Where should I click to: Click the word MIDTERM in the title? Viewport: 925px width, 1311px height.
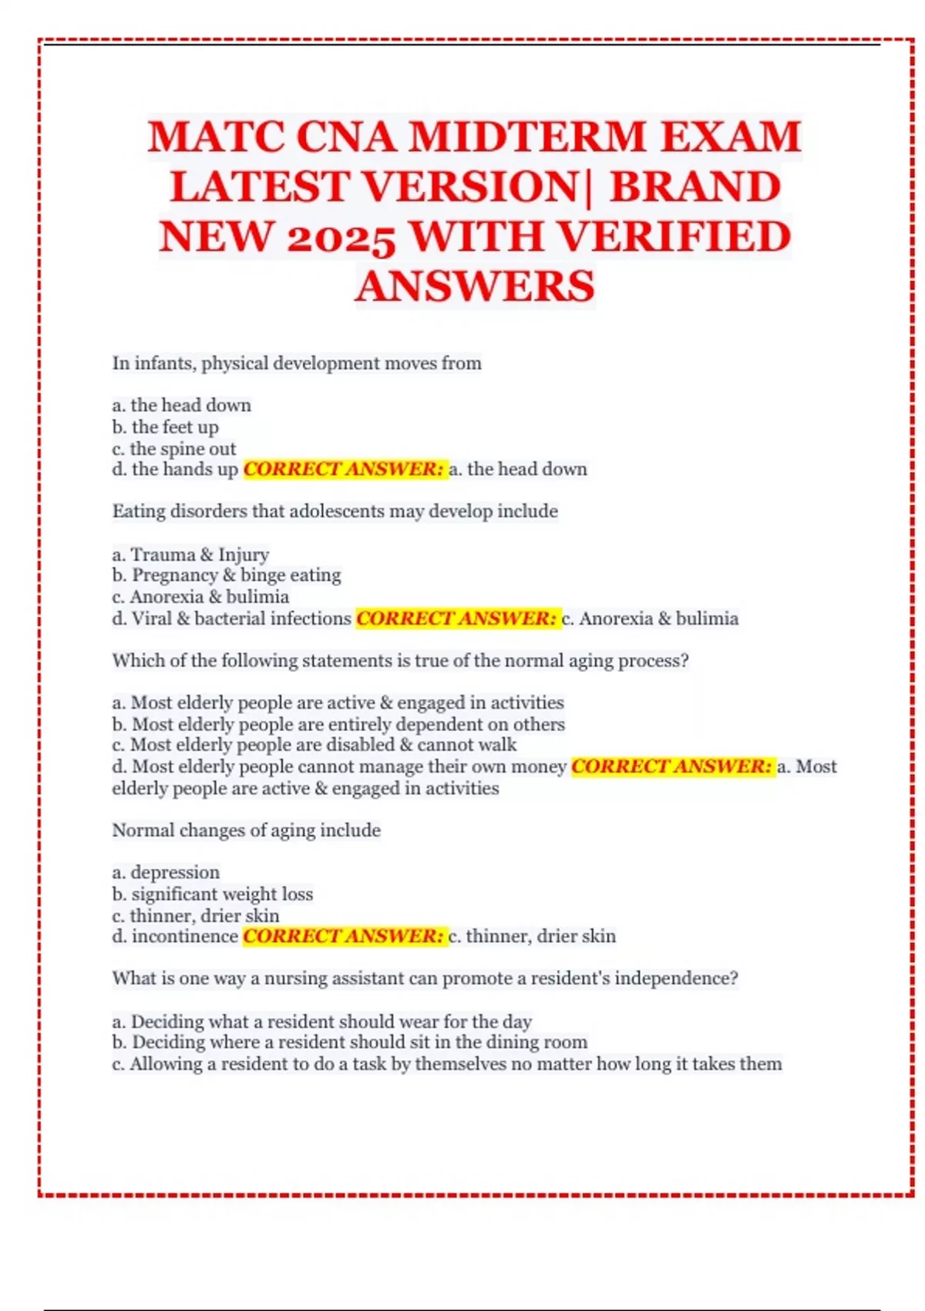coord(526,137)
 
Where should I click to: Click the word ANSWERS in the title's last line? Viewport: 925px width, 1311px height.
coord(475,286)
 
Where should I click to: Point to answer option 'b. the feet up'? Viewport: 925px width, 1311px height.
coord(166,427)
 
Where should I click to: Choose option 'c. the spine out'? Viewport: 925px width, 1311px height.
coord(174,449)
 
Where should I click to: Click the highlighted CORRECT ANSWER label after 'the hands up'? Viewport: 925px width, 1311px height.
coord(344,469)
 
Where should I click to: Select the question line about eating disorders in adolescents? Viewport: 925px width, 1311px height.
coord(335,511)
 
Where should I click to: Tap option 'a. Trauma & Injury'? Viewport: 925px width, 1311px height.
coord(190,554)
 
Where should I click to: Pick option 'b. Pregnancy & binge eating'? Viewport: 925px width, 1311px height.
coord(227,575)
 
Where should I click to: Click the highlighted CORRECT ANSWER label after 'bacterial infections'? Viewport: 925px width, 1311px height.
coord(456,618)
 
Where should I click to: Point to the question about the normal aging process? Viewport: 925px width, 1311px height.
coord(400,661)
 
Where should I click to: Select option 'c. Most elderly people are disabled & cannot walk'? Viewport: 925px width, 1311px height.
coord(314,745)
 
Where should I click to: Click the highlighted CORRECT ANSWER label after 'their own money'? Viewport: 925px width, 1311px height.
coord(672,767)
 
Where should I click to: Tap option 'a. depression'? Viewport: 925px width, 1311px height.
coord(166,872)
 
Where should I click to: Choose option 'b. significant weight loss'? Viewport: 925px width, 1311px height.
coord(213,894)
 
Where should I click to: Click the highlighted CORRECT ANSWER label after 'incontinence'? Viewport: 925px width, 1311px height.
coord(344,936)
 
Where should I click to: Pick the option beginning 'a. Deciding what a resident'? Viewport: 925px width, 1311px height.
coord(322,1022)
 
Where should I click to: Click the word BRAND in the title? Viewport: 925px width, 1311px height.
coord(695,187)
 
